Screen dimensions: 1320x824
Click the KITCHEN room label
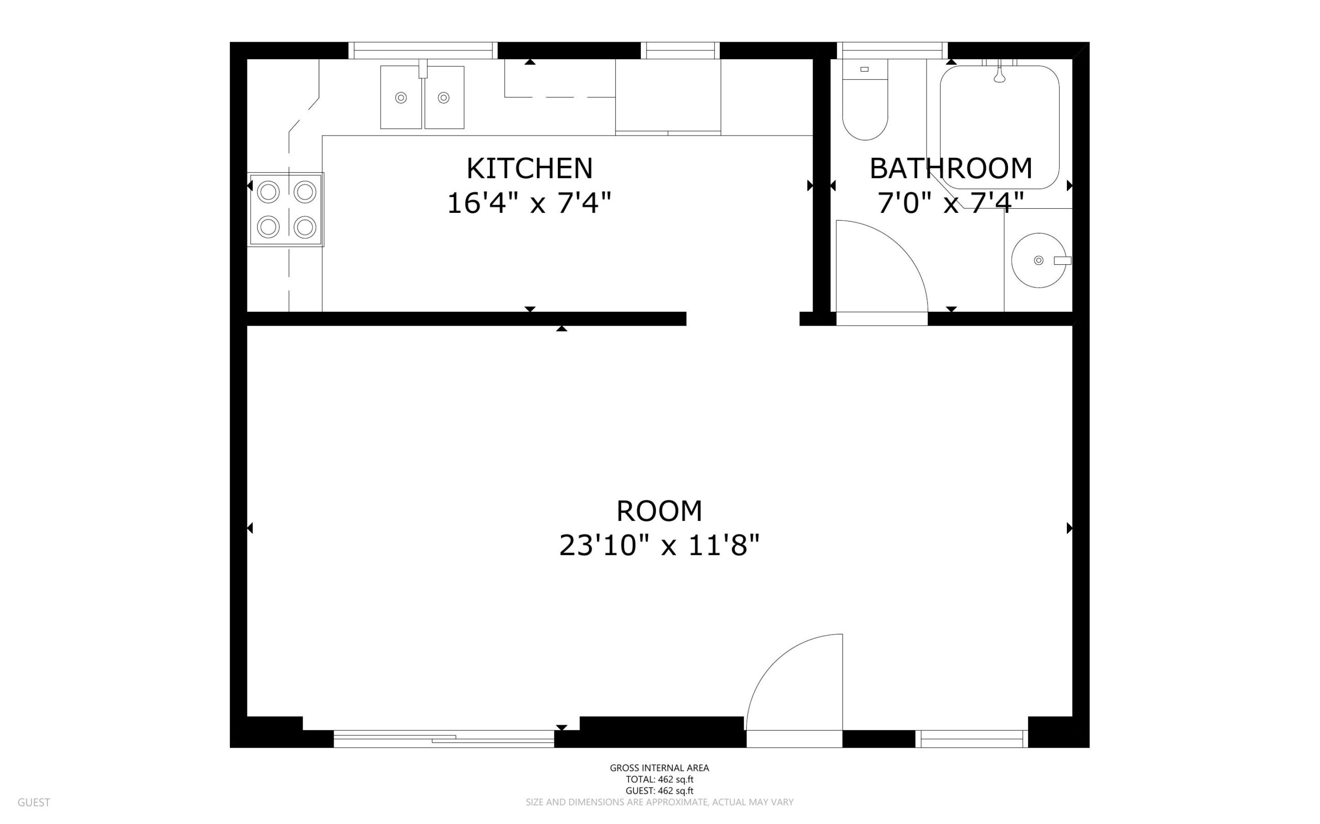tap(530, 169)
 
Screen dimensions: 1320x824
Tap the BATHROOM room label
tap(951, 169)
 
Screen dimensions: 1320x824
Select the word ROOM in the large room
tap(659, 511)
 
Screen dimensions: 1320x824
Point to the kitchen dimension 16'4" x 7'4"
tap(529, 203)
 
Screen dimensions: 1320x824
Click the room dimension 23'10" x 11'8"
tap(659, 545)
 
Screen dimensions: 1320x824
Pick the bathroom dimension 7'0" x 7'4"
tap(951, 203)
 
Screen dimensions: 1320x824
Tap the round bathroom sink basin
tap(1038, 261)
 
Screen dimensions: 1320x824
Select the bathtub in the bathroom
tap(999, 127)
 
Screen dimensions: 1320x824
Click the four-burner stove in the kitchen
tap(286, 209)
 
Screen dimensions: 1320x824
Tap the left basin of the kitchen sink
tap(401, 97)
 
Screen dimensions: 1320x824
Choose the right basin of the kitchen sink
tap(444, 97)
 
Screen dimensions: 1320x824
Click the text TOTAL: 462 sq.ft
tap(659, 779)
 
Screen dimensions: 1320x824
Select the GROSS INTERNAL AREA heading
tap(659, 768)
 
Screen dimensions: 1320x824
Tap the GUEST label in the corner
tap(34, 802)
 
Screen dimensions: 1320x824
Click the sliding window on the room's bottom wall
tap(444, 738)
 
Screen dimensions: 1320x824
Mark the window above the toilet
tap(892, 50)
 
